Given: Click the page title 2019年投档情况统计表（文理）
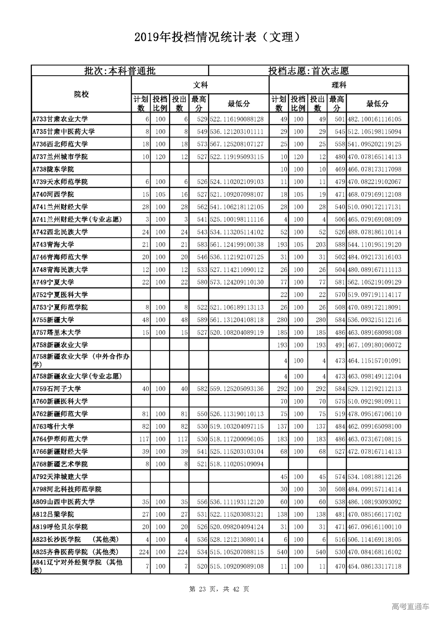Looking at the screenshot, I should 219,37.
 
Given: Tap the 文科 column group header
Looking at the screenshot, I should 200,85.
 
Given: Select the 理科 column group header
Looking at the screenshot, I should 339,85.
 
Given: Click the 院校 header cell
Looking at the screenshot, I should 81,95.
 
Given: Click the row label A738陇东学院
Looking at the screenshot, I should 53,169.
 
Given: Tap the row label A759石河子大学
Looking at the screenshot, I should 57,389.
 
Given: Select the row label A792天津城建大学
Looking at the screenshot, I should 60,477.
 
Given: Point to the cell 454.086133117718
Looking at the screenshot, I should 375,567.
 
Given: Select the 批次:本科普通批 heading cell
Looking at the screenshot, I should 120,71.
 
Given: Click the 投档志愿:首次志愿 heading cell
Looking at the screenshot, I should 308,71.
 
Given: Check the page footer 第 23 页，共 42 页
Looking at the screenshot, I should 219,589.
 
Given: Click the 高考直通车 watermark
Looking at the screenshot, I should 410,606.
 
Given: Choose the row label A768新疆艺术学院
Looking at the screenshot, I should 60,464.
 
